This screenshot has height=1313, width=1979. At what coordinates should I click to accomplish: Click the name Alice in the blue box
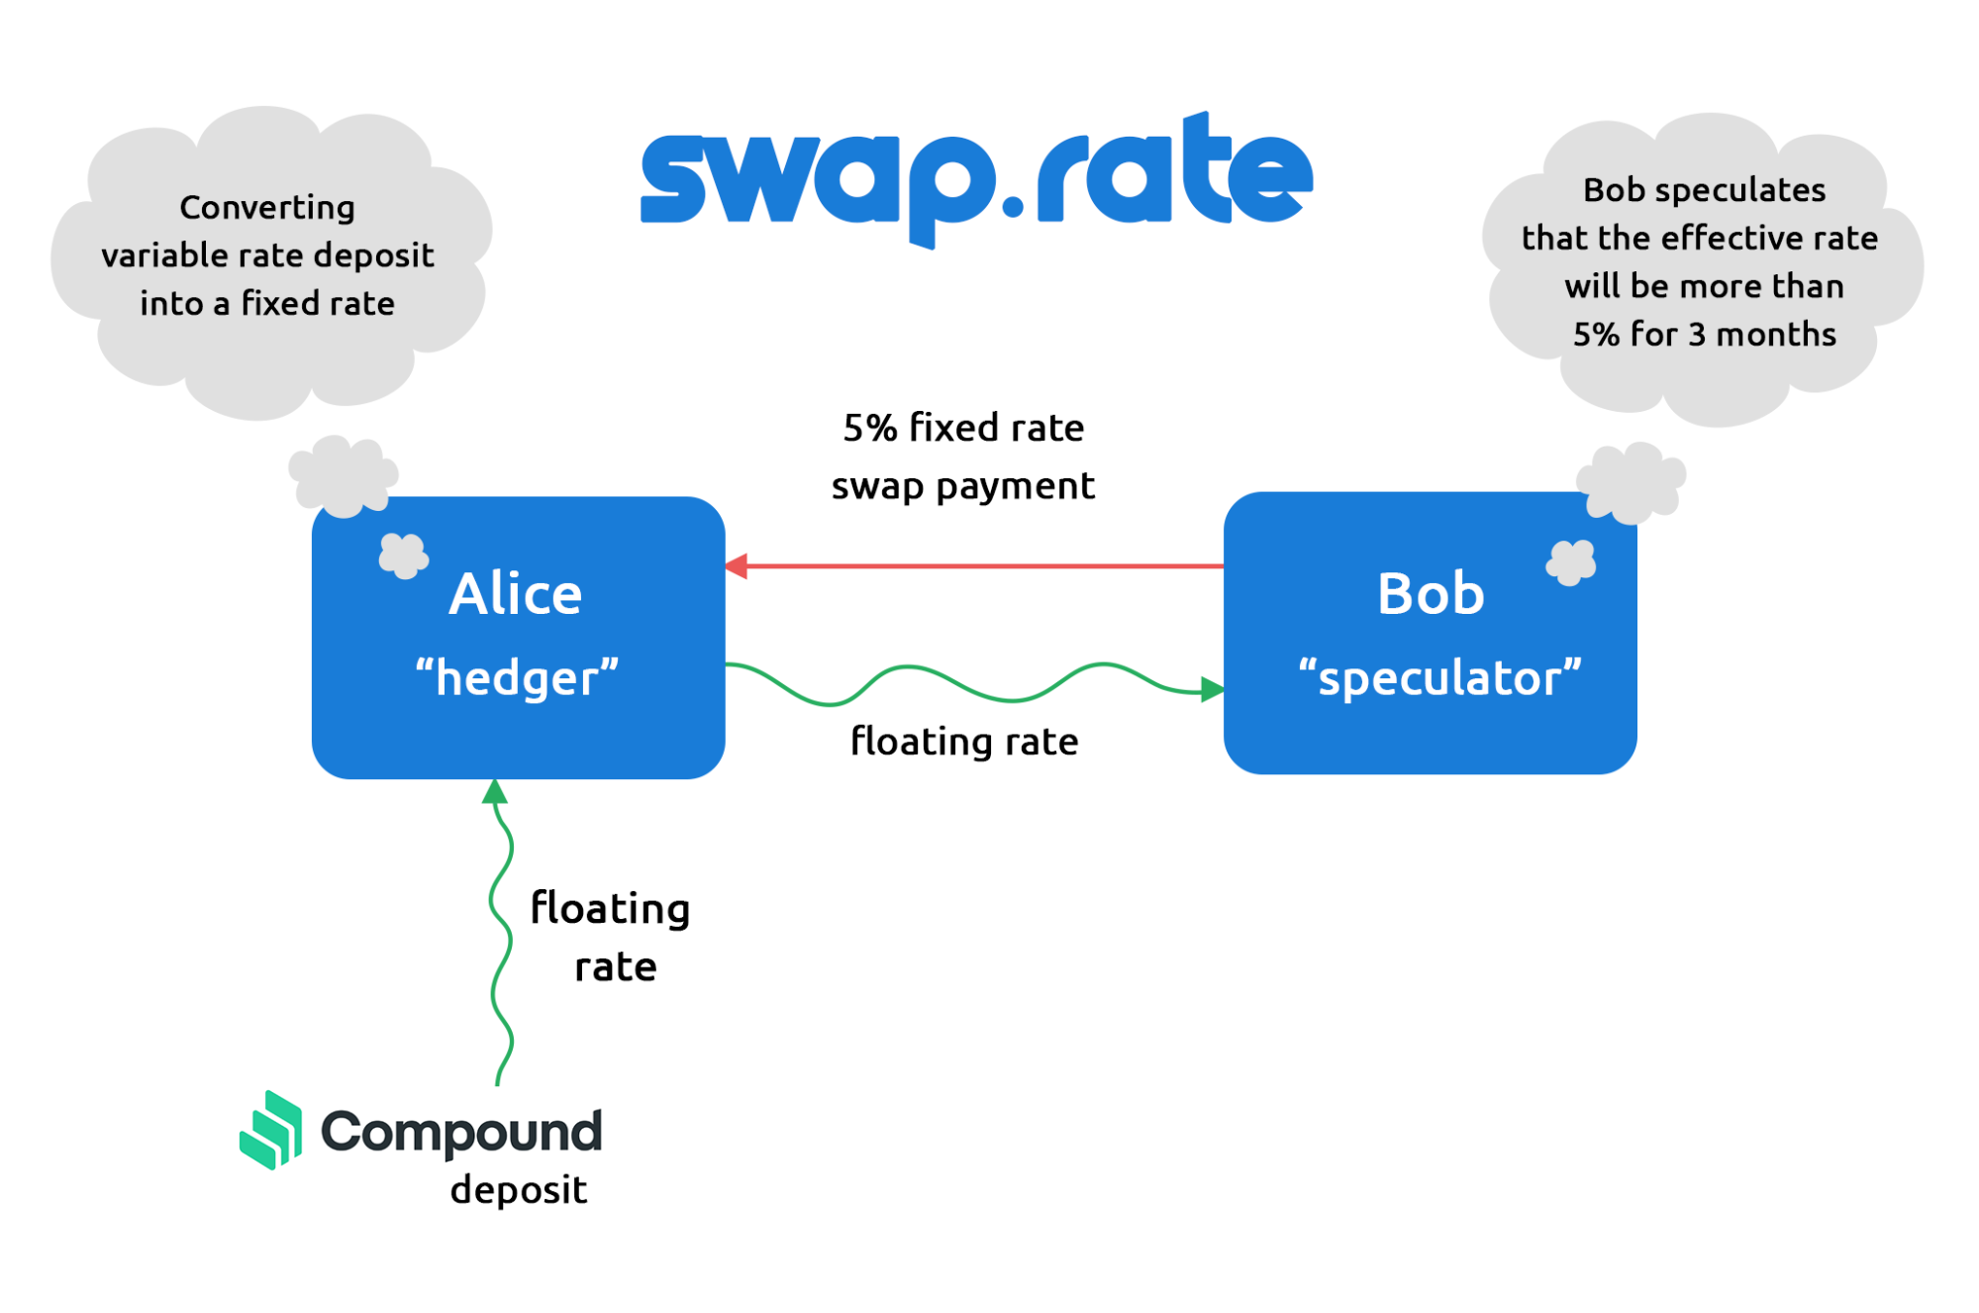click(515, 594)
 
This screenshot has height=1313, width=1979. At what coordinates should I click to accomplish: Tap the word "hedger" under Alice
click(517, 678)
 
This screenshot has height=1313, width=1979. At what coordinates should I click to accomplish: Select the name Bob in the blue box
click(1431, 594)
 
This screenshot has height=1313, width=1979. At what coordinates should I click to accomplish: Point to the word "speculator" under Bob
click(1439, 678)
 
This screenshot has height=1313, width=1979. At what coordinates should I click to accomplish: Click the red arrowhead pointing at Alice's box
click(737, 566)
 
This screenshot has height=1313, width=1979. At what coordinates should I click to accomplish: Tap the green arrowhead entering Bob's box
click(1212, 689)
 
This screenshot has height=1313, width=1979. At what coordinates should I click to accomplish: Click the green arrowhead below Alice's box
click(495, 791)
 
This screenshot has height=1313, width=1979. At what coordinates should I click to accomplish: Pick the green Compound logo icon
click(271, 1130)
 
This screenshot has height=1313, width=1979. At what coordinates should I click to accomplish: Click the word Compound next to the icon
click(461, 1132)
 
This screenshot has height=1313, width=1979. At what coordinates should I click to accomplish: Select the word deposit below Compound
click(518, 1189)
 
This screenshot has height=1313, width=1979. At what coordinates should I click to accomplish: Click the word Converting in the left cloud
click(267, 208)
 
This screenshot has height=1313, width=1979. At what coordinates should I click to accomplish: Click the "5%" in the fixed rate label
click(869, 428)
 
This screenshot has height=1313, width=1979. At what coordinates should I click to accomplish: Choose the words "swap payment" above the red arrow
click(962, 486)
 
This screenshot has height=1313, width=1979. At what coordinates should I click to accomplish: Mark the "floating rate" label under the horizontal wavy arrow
click(964, 742)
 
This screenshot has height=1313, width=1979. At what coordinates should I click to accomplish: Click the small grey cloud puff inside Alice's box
click(403, 555)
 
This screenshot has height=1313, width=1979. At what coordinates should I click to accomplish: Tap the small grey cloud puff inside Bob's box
click(1571, 562)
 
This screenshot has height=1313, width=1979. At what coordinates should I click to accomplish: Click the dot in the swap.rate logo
click(1013, 206)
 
